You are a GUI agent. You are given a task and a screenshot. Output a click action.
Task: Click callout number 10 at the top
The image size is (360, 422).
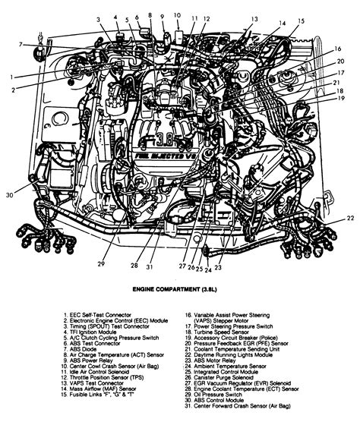[176, 15]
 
